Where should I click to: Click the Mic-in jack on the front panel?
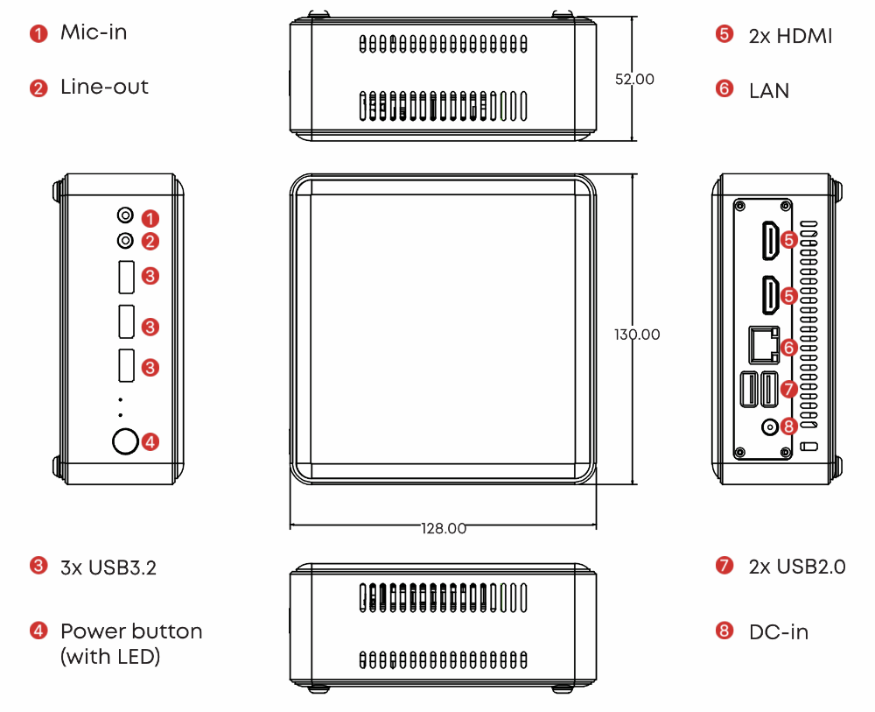(x=125, y=215)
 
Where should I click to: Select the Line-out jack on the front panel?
(x=125, y=240)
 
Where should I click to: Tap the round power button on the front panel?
(x=125, y=442)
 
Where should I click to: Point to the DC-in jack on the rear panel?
(x=771, y=427)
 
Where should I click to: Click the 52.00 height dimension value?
(x=634, y=79)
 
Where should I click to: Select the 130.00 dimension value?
(x=637, y=335)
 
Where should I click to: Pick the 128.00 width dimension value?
(x=444, y=528)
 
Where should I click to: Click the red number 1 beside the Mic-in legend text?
(x=38, y=34)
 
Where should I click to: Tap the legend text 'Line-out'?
(x=104, y=87)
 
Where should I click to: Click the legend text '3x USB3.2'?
(x=108, y=567)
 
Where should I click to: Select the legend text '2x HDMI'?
(x=790, y=36)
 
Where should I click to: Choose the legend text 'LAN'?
(x=769, y=90)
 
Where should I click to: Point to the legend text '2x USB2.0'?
(x=797, y=567)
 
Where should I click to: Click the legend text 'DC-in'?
(x=779, y=631)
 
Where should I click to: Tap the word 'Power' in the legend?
(x=89, y=631)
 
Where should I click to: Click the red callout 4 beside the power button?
(x=150, y=442)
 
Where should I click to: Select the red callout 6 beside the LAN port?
(x=788, y=347)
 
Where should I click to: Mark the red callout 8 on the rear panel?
(x=788, y=426)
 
